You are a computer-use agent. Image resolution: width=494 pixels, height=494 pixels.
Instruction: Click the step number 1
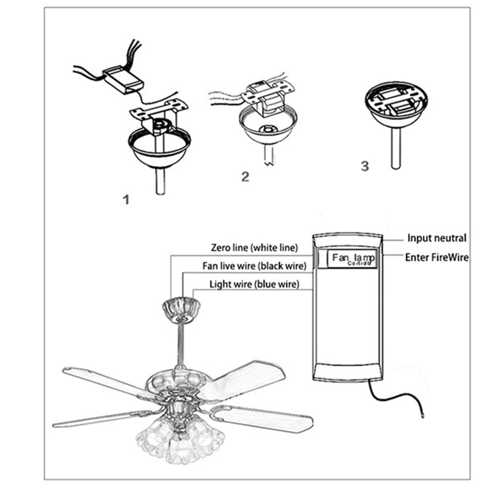click(x=126, y=200)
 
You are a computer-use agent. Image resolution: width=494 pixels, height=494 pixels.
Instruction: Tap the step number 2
click(x=245, y=177)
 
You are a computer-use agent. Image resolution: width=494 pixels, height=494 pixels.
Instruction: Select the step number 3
click(x=365, y=166)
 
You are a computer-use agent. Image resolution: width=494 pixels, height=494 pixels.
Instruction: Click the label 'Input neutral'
click(x=437, y=238)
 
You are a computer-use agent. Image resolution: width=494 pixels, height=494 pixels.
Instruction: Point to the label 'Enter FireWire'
click(x=437, y=257)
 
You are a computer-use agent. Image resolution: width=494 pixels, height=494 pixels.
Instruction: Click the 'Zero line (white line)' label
click(x=254, y=247)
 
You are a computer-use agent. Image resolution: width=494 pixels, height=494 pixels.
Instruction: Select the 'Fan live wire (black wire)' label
click(x=254, y=266)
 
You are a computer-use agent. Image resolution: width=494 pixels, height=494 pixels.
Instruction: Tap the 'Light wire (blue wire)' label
click(x=254, y=284)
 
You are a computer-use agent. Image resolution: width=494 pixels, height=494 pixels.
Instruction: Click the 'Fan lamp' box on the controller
click(x=353, y=259)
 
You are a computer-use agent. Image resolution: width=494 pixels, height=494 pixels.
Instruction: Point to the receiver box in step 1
click(x=123, y=79)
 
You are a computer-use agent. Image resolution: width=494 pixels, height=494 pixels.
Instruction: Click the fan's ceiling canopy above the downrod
click(x=181, y=309)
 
